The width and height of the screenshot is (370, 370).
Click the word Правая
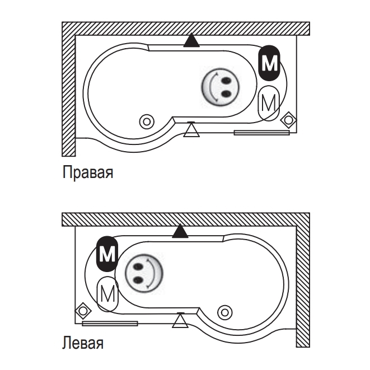88,172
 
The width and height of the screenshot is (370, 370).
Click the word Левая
83,342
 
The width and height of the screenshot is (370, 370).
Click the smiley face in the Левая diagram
143,274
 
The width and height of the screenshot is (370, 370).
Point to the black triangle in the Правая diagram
192,40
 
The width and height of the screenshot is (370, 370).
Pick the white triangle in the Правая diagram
192,130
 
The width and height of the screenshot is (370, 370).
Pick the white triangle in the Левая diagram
180,321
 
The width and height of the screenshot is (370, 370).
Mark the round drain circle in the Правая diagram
147,120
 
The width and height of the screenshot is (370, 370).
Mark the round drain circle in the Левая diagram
225,311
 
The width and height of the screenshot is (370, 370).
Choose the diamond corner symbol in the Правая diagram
289,119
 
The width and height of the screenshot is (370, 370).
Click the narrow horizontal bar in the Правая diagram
261,133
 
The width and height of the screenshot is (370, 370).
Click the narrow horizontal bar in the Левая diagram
110,323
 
